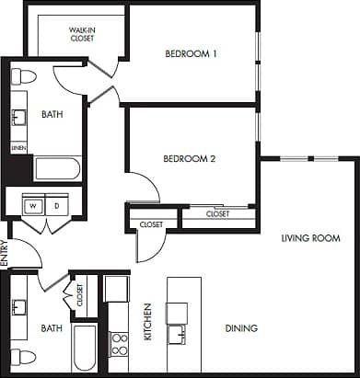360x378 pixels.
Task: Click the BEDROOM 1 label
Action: click(x=191, y=53)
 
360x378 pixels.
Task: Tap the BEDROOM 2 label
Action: click(x=189, y=158)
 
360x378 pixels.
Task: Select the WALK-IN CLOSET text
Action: click(x=84, y=34)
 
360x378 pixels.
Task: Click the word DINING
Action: click(x=241, y=328)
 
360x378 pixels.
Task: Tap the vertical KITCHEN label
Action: click(x=147, y=322)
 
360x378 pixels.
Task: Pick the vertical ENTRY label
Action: click(x=5, y=253)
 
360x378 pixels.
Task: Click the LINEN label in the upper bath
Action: click(x=17, y=147)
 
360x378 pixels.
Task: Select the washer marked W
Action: click(x=32, y=206)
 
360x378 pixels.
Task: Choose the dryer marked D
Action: click(x=56, y=206)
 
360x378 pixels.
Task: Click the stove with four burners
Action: click(x=119, y=345)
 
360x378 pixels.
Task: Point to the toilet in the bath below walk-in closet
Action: click(x=25, y=75)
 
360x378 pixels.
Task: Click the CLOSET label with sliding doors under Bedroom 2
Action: click(x=217, y=213)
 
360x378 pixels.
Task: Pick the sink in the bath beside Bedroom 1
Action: click(x=20, y=117)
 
